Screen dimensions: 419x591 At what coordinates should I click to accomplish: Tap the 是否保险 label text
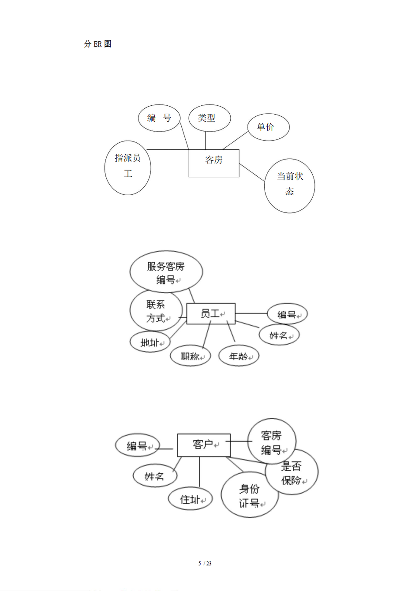coord(292,473)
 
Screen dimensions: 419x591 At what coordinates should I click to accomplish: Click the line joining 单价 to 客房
coord(235,141)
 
